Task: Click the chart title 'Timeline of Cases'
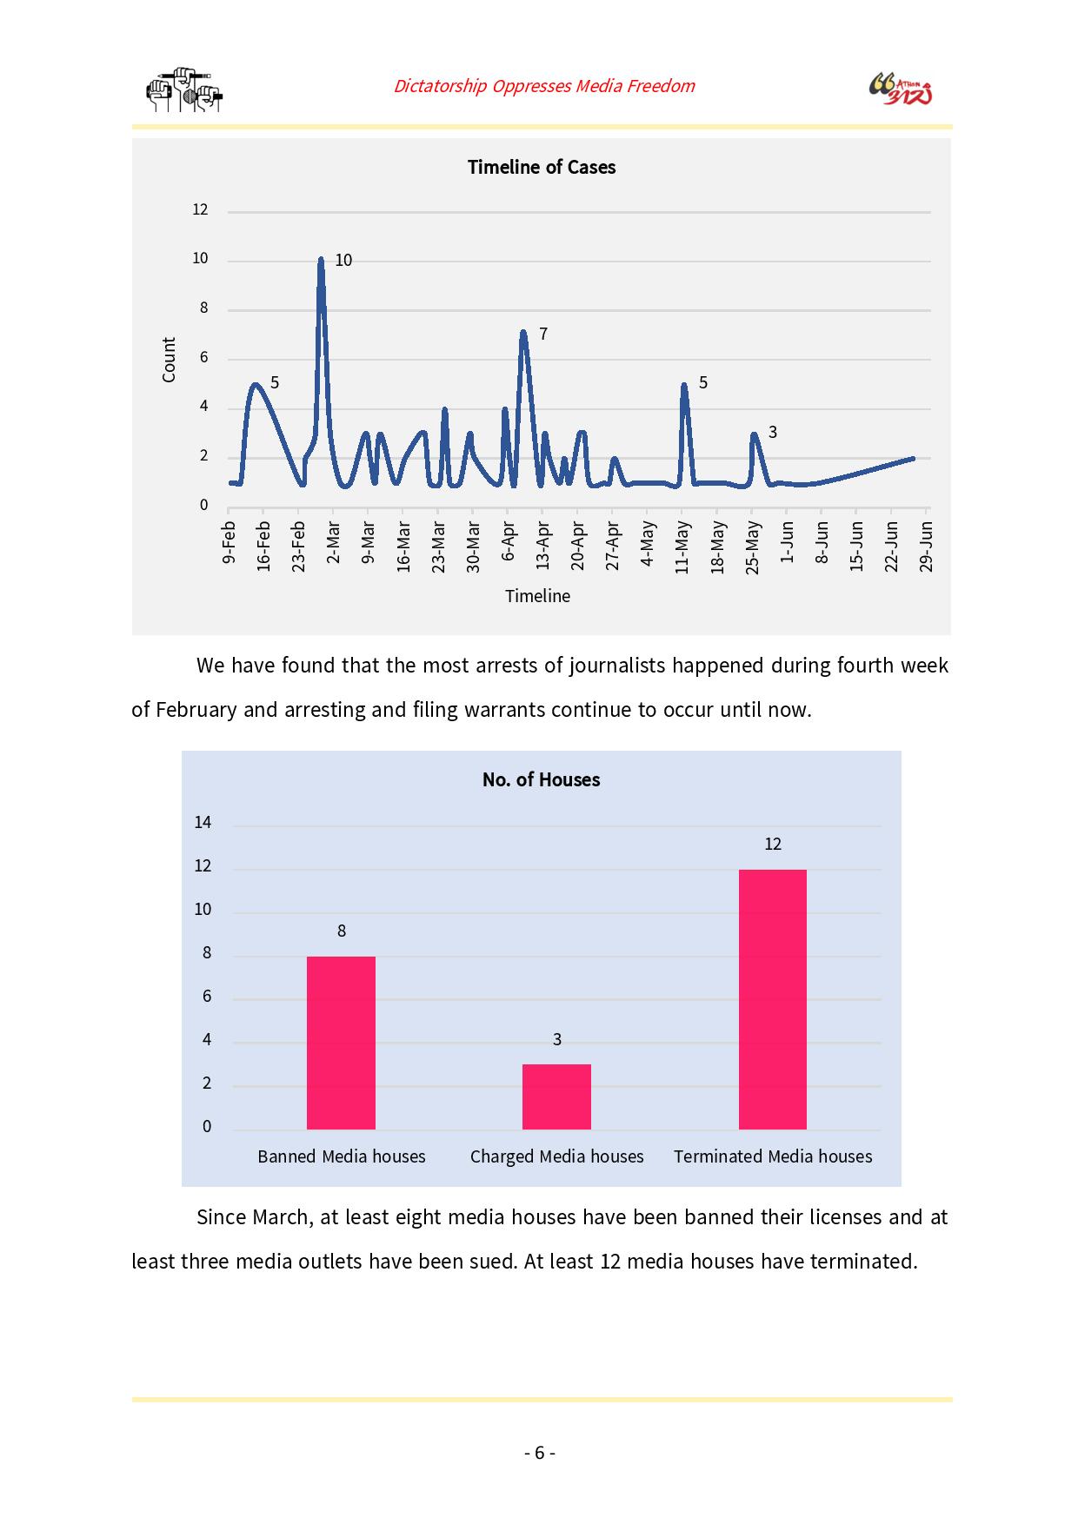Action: tap(541, 167)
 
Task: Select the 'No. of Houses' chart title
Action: tap(541, 779)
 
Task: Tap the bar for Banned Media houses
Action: tap(341, 1043)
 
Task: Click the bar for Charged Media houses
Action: tap(556, 1097)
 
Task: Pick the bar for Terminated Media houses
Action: tap(773, 999)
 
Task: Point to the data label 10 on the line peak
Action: tap(343, 260)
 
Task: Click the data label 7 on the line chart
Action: tap(543, 334)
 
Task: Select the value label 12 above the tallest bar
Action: tap(773, 844)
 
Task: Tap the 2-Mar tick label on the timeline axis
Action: tap(333, 542)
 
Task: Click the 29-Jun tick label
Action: tap(927, 546)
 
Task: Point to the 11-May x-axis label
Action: tap(682, 547)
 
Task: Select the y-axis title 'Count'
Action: tap(169, 360)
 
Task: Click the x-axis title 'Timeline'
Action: tap(538, 596)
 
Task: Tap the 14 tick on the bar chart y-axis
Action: tap(203, 822)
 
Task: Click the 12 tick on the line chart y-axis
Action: tap(200, 209)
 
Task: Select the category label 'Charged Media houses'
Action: tap(557, 1156)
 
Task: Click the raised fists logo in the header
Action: tap(184, 89)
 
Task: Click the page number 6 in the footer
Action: tap(539, 1453)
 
